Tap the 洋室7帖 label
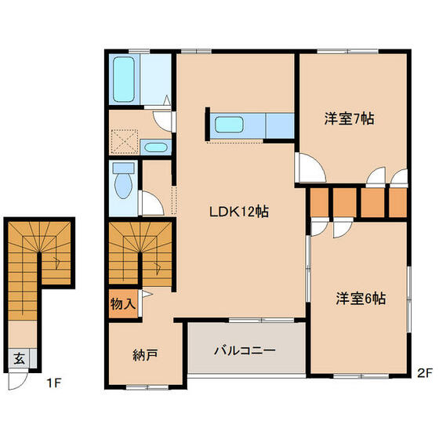pos(349,119)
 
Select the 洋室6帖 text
pos(361,299)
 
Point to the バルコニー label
pos(245,350)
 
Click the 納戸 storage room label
pos(147,355)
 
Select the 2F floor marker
pos(425,374)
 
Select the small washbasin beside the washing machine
pos(155,147)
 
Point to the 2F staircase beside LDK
pos(140,250)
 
